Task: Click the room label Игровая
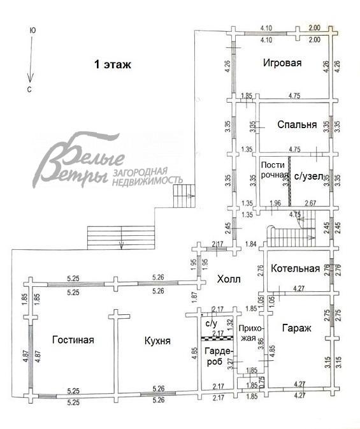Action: tap(282, 63)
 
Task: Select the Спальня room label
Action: tap(297, 125)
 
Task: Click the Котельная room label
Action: tap(295, 268)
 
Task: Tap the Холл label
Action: tap(228, 279)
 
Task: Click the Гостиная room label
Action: tap(73, 340)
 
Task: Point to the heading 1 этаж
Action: tap(113, 64)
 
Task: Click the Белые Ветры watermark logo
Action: tap(83, 159)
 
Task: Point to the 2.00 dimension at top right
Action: tap(314, 29)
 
